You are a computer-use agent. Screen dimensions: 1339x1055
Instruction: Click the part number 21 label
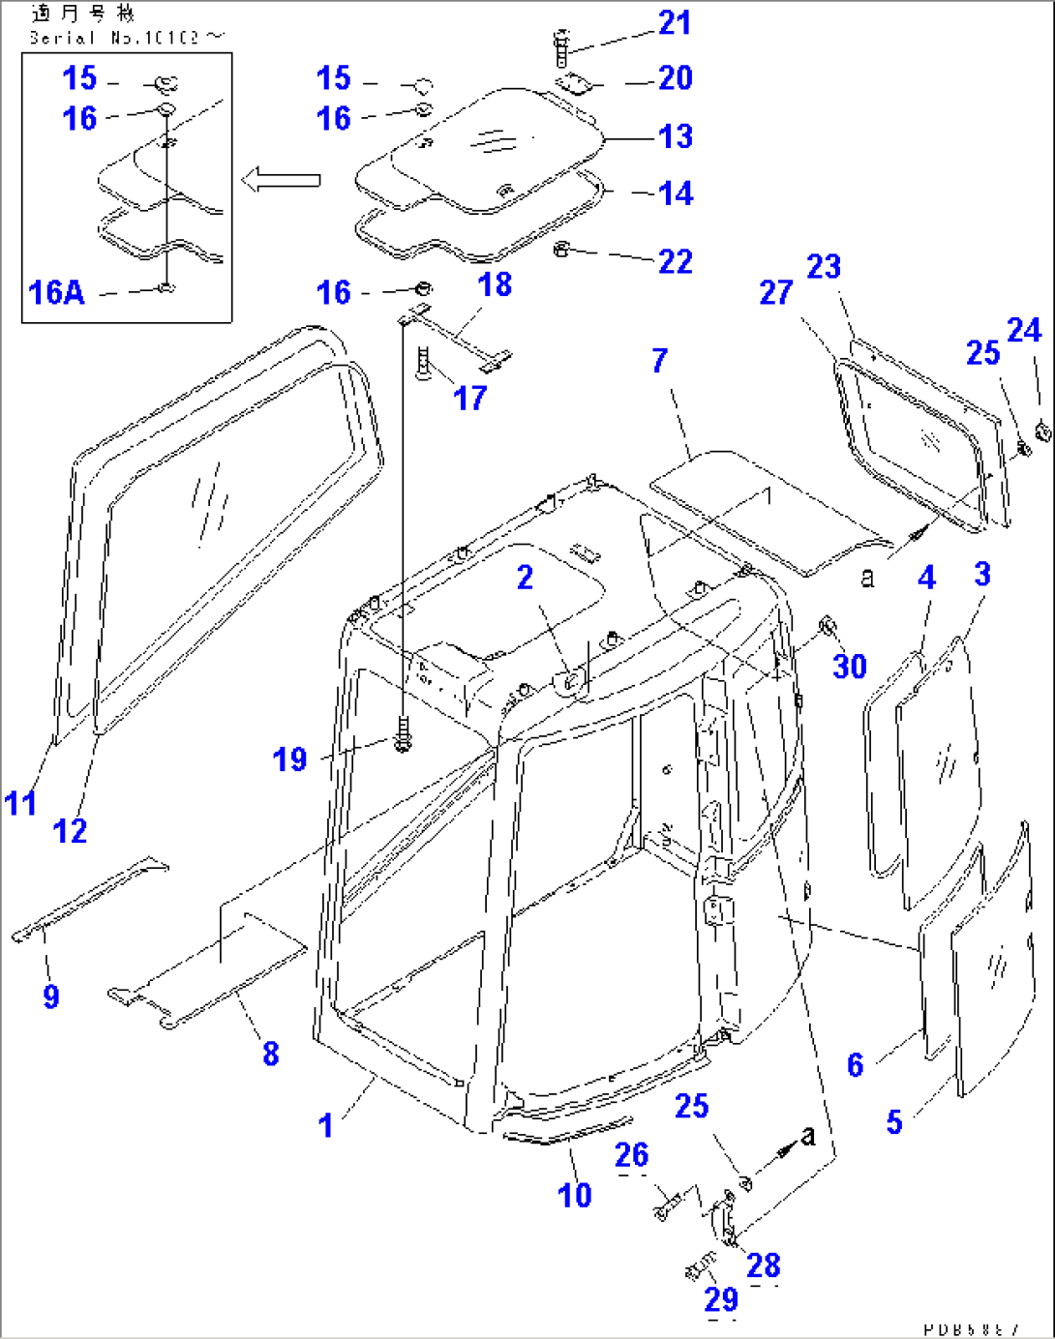pos(675,22)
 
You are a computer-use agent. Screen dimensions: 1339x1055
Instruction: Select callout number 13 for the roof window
pos(675,136)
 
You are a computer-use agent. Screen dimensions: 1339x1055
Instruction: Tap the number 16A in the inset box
pos(56,292)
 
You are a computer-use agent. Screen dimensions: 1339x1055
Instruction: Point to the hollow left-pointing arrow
pos(281,180)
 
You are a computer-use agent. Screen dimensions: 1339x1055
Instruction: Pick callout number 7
pos(659,361)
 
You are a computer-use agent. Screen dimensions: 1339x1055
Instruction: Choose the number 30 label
pos(849,666)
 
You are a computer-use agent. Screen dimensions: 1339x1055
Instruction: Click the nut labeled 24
pos(1042,430)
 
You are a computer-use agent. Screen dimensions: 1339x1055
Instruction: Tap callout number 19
pos(289,759)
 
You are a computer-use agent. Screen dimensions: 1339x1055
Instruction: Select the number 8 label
pos(271,1054)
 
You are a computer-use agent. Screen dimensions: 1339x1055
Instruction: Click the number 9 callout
pos(51,997)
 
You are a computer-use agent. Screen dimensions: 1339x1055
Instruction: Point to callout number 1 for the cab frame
pos(325,1125)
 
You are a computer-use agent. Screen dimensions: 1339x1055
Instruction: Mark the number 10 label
pos(574,1195)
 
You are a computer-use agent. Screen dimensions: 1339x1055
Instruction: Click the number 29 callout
pos(721,1299)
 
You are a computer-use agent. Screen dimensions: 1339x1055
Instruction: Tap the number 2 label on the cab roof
pos(524,578)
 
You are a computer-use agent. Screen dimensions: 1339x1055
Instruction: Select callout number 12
pos(70,830)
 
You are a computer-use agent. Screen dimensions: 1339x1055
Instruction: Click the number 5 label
pos(893,1121)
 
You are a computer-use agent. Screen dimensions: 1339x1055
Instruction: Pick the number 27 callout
pos(775,292)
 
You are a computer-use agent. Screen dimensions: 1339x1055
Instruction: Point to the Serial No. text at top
pos(126,38)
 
